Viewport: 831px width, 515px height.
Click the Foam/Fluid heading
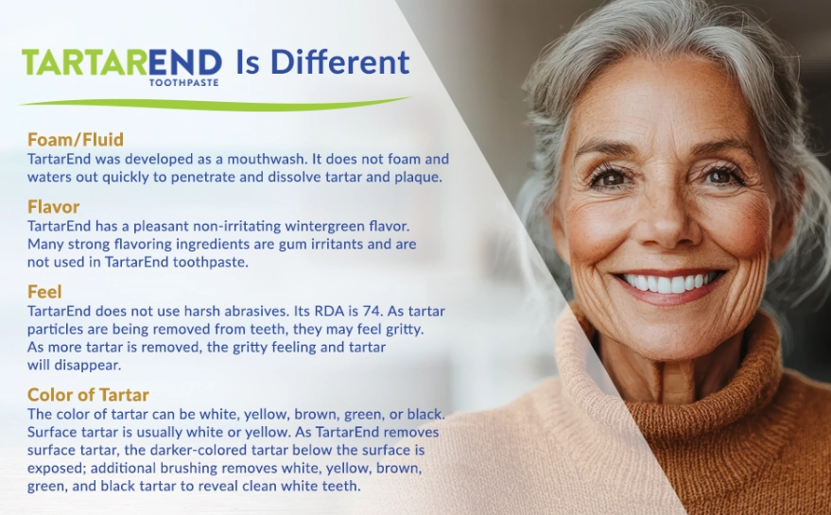coord(76,139)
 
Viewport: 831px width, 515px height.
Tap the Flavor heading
coord(54,207)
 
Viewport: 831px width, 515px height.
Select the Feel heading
coord(44,292)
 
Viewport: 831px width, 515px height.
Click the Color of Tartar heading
coord(88,395)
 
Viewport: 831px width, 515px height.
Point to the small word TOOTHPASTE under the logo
coord(184,82)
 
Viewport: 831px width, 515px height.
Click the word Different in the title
coord(339,62)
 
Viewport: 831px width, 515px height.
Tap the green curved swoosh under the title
coord(215,104)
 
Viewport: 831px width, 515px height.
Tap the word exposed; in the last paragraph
coord(57,469)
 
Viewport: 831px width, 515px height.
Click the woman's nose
coord(664,222)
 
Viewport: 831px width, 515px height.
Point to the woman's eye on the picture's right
coord(720,176)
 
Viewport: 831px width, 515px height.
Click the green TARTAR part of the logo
coord(85,62)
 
